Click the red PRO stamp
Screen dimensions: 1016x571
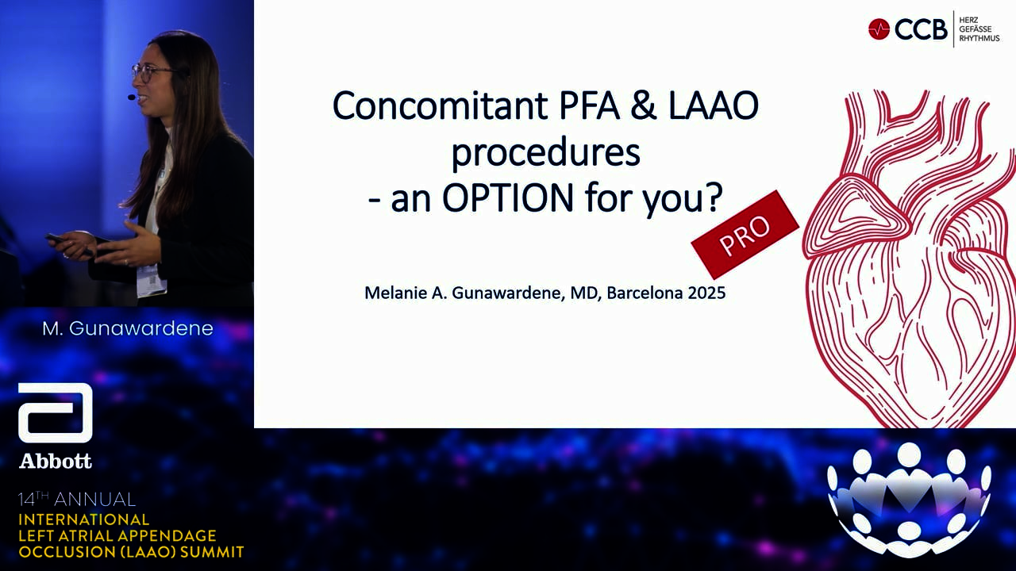click(x=745, y=234)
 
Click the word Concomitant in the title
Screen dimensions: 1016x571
click(x=440, y=105)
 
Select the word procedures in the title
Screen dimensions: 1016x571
click(x=545, y=153)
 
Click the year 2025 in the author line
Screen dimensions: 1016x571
click(x=706, y=293)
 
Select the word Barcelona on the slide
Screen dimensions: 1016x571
click(x=645, y=293)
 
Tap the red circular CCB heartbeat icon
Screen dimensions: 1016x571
click(x=879, y=29)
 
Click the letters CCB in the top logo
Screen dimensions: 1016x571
click(x=921, y=29)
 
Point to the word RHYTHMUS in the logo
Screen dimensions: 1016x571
click(x=979, y=39)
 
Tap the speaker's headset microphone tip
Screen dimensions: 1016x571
click(x=132, y=97)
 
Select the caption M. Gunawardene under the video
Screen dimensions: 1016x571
click(x=128, y=328)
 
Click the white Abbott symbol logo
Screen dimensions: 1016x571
click(x=56, y=412)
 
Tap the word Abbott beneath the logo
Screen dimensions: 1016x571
click(x=56, y=462)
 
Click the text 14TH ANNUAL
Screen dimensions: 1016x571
click(x=77, y=499)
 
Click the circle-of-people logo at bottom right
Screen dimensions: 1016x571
click(x=909, y=500)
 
